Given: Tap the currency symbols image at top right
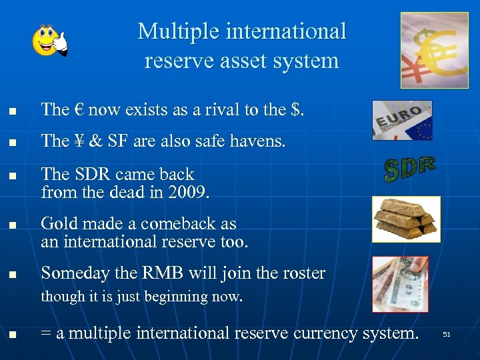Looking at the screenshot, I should [434, 50].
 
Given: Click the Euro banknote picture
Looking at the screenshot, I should [401, 120].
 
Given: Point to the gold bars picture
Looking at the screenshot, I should [406, 219].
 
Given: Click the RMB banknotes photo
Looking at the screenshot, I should [400, 284].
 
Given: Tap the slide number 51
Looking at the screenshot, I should [447, 334].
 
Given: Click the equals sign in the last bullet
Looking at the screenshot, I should [47, 333].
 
